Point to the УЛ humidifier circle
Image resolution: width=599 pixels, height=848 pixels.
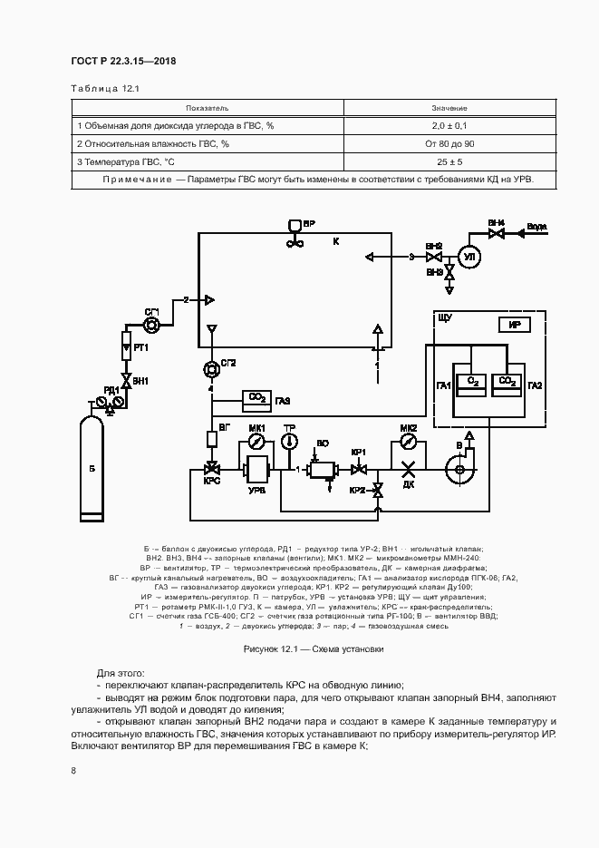pos(470,257)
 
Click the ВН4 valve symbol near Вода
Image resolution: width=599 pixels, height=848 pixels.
pos(497,234)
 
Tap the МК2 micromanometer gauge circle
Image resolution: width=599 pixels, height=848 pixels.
pos(408,442)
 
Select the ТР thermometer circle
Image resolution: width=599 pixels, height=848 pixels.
pos(290,442)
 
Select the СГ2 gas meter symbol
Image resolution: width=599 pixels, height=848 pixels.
pos(212,367)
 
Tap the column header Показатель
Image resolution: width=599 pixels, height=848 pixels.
pos(207,108)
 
